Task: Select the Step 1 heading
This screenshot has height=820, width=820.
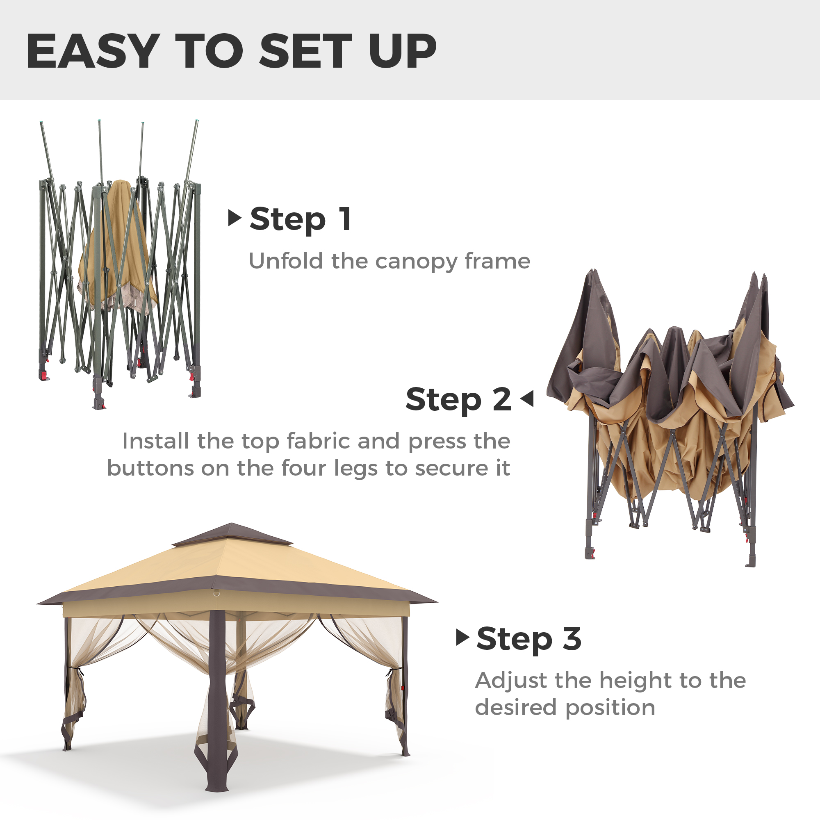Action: (x=301, y=219)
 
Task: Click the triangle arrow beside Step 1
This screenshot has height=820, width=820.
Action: (x=235, y=218)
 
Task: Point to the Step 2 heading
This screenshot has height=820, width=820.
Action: (x=458, y=399)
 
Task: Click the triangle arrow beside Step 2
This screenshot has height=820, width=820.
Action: (x=527, y=399)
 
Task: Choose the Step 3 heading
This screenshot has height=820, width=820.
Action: (x=529, y=639)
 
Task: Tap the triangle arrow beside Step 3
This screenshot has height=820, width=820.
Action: (x=462, y=637)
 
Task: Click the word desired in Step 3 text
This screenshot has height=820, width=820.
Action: (x=516, y=708)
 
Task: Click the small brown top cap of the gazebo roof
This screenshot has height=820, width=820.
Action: (x=232, y=534)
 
